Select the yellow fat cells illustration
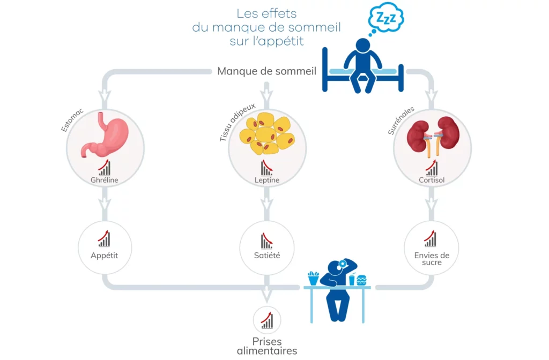[x=266, y=134]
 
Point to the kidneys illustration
[x=432, y=136]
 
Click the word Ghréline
[x=105, y=181]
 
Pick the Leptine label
[x=266, y=181]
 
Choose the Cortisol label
[x=432, y=181]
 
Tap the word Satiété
[x=266, y=256]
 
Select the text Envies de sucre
[x=432, y=259]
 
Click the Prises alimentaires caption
[x=266, y=346]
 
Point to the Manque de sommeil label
[x=266, y=71]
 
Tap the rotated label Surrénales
[x=400, y=121]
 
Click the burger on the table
[x=361, y=280]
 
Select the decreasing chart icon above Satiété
[x=266, y=241]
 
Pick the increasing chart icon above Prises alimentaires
[x=266, y=320]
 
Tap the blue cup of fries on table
[x=313, y=278]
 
